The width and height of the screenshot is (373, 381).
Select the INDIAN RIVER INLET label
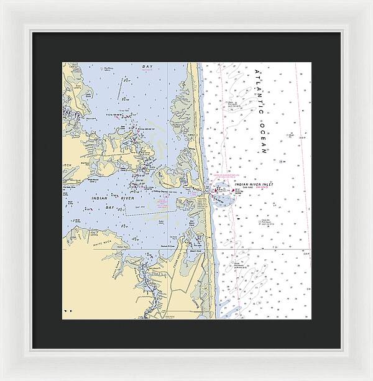(x=256, y=183)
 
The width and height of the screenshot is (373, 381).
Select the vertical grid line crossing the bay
(x=168, y=124)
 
